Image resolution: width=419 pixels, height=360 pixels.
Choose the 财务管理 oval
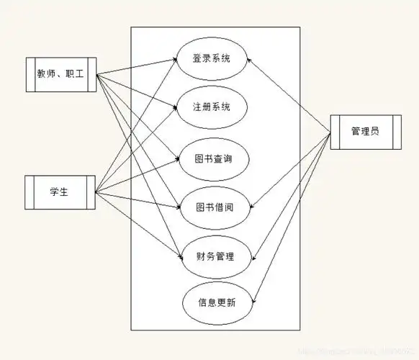[x=215, y=256]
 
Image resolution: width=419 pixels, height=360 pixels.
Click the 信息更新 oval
[x=217, y=302]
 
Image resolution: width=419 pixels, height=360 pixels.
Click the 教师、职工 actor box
[x=61, y=74]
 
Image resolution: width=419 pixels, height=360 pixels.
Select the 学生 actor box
[x=59, y=192]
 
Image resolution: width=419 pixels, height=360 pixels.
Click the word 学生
[x=59, y=192]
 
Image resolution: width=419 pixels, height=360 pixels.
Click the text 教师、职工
[x=61, y=74]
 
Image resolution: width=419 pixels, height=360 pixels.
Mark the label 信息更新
[x=217, y=302]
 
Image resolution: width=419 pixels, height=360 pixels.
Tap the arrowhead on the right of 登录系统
[x=248, y=60]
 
